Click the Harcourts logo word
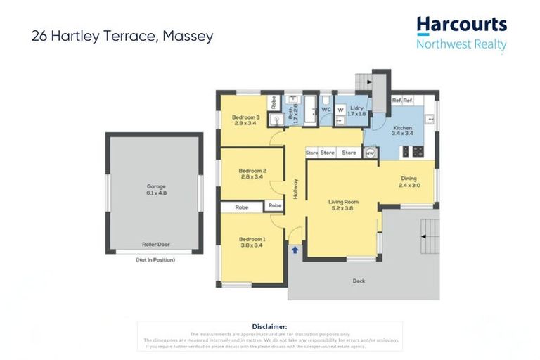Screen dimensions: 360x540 [461, 25]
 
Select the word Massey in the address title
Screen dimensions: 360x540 [188, 36]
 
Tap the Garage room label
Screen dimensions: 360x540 [156, 186]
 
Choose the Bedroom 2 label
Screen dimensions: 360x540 [252, 170]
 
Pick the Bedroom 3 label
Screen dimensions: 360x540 [247, 117]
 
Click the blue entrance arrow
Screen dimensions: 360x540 [295, 248]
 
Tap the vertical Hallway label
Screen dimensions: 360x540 [296, 187]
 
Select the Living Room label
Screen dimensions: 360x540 [344, 202]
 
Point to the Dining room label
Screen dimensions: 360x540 [409, 179]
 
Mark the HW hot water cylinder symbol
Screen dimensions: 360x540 [370, 153]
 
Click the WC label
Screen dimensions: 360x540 [326, 110]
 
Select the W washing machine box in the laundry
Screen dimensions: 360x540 [340, 110]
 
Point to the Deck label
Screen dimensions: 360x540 [359, 281]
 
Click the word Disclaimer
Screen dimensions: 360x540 [269, 326]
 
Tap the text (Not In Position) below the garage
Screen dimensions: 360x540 [155, 259]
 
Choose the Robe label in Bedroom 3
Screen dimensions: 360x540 [273, 102]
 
